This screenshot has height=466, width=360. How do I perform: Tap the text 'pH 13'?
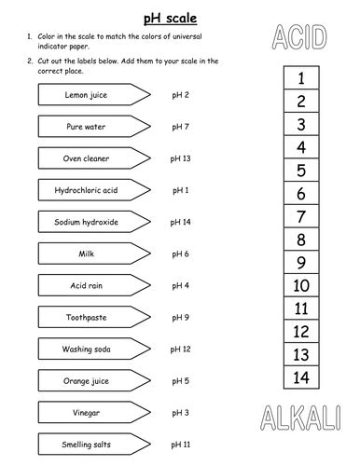[x=181, y=158]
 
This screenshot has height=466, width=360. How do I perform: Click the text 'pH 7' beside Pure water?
[x=181, y=127]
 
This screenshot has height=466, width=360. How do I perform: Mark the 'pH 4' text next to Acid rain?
[x=181, y=286]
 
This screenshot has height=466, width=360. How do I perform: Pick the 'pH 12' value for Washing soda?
[x=181, y=349]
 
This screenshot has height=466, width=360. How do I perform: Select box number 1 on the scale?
[x=300, y=79]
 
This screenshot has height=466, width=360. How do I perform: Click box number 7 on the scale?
[x=300, y=217]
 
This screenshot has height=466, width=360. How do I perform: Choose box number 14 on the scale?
[x=300, y=377]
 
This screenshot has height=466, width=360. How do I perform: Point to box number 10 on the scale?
[x=300, y=285]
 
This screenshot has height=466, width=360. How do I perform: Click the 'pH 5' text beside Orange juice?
[x=181, y=381]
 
